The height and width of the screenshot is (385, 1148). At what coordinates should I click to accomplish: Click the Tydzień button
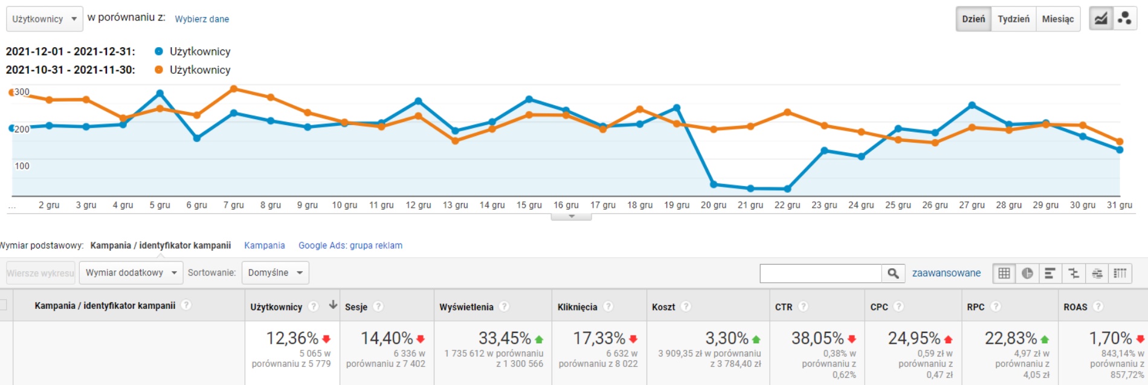tap(1013, 19)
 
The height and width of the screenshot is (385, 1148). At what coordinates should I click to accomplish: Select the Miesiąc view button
tap(1057, 19)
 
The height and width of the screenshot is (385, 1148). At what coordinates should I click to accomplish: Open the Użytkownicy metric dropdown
tap(45, 19)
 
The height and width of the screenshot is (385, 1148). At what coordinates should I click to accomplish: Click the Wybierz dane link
tap(202, 19)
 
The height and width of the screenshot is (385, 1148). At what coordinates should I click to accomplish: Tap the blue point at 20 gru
tap(714, 184)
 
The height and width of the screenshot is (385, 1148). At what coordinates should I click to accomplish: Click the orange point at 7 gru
tap(234, 89)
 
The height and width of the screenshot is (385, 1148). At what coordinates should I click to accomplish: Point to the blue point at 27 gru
tap(972, 105)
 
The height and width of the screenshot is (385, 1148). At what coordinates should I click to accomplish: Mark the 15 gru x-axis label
tap(529, 205)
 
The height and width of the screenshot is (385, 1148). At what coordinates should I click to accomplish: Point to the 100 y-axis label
tap(22, 166)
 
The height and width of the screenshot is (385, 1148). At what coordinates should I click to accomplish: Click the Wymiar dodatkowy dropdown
tap(131, 273)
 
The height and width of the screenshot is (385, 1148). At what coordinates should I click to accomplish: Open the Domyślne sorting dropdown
tap(275, 273)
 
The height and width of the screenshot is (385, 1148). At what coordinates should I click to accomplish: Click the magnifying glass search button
tap(893, 273)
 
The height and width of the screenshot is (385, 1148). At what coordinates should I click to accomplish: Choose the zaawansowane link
tap(946, 273)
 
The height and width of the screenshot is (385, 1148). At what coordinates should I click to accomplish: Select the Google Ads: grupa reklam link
tap(350, 245)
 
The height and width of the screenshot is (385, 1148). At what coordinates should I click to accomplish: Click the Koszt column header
tap(663, 307)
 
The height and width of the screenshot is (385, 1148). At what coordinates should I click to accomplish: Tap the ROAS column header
tap(1075, 307)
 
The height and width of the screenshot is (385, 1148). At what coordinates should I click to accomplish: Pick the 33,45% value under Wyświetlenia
tap(505, 338)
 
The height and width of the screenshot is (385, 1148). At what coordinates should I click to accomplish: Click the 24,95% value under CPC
tap(914, 338)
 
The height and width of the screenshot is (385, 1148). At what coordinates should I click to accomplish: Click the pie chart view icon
tap(1027, 273)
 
